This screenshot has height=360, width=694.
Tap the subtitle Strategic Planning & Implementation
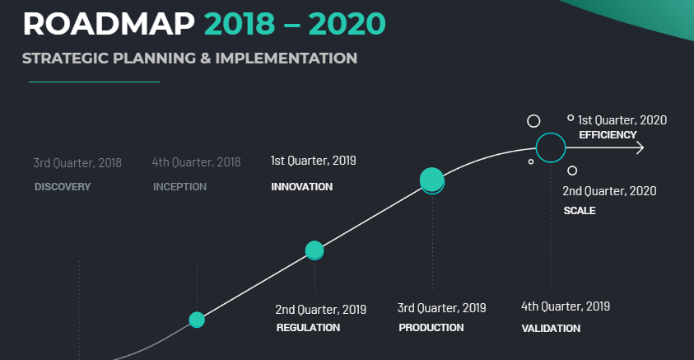[x=189, y=58]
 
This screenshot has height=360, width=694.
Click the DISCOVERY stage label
[x=63, y=187]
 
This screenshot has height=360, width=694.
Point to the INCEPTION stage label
[x=179, y=187]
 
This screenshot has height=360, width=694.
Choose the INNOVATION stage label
[x=301, y=187]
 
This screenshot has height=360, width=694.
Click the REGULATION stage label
[x=308, y=328]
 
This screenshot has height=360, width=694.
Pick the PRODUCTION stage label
[x=431, y=328]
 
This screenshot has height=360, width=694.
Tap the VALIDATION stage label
[x=551, y=329]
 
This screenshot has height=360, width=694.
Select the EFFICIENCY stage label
[x=608, y=135]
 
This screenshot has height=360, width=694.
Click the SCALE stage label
[x=580, y=211]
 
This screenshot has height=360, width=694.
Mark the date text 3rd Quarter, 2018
[x=77, y=162]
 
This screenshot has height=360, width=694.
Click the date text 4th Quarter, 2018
[x=197, y=162]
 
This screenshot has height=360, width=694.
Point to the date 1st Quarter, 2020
[x=622, y=120]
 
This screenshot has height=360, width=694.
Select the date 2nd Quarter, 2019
[x=321, y=310]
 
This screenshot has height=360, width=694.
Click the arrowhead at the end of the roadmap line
[x=640, y=148]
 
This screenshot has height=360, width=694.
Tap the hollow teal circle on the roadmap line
[x=551, y=147]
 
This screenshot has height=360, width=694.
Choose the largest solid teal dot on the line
[x=432, y=180]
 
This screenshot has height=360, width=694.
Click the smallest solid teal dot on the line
[x=197, y=320]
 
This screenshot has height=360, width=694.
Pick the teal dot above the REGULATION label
[x=314, y=250]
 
